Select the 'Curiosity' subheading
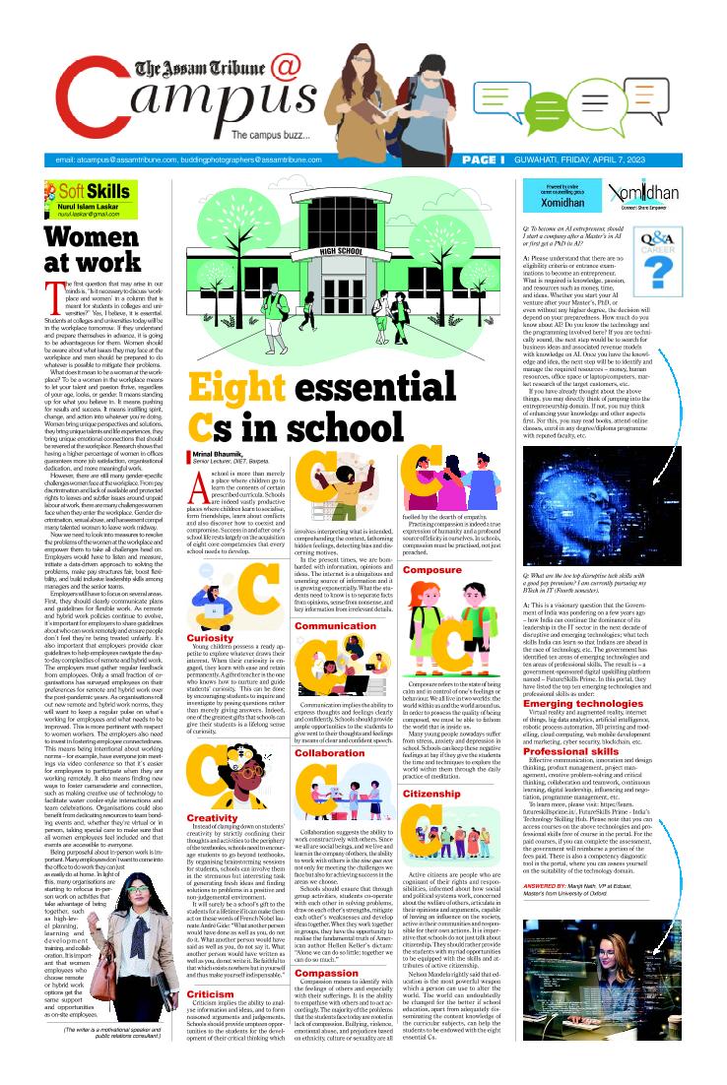(x=208, y=610)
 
